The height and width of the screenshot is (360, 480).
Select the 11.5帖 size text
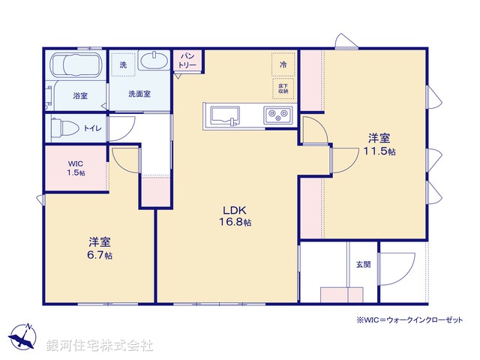click(x=378, y=151)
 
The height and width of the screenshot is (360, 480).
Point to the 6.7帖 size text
click(x=99, y=255)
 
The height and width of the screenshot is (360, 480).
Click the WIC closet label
click(x=76, y=163)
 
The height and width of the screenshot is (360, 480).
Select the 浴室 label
click(x=80, y=96)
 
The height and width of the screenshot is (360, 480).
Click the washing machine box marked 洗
click(x=123, y=64)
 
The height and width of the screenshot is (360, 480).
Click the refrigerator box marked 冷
click(x=283, y=65)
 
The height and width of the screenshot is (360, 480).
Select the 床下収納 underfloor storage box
click(x=283, y=88)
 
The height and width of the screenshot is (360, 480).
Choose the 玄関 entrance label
click(x=363, y=263)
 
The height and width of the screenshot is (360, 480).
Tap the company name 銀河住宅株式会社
click(x=100, y=346)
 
